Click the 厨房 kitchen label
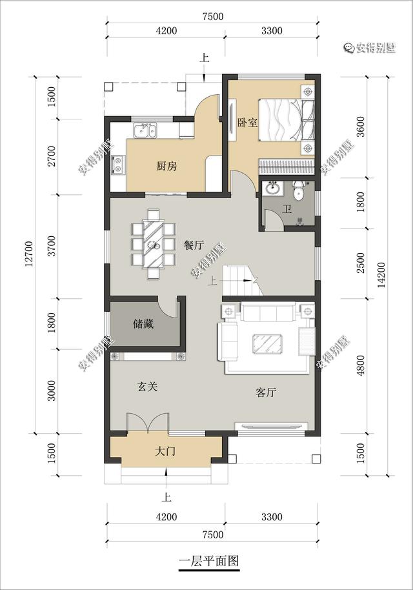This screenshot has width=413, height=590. [166, 165]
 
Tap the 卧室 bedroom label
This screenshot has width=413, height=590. [247, 122]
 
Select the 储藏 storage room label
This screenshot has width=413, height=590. [143, 323]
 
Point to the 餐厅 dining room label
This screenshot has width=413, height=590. [194, 245]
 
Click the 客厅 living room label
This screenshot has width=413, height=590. [266, 392]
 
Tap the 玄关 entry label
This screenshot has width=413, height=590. [147, 387]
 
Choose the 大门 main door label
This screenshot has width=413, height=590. [165, 451]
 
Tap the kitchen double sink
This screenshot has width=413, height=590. [145, 130]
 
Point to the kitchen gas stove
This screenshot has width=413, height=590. [118, 165]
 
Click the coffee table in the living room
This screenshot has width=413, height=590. [267, 343]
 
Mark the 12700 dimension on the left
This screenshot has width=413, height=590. [29, 254]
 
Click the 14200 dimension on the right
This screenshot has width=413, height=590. [381, 275]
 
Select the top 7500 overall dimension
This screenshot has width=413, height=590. [213, 17]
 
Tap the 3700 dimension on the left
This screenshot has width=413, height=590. [52, 246]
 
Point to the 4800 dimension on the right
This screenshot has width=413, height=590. [361, 365]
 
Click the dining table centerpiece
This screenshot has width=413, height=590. [154, 245]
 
